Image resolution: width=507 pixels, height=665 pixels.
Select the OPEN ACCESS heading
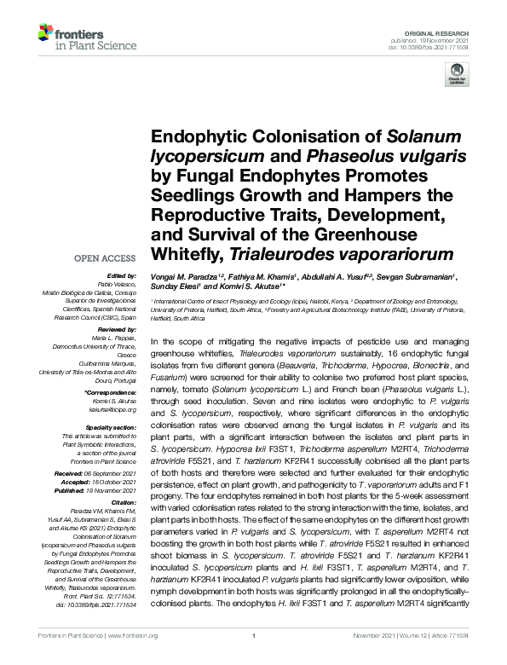coord(105,258)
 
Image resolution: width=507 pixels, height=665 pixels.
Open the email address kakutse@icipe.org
coord(113,407)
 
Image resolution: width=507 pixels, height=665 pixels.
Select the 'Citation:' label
coord(122,504)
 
